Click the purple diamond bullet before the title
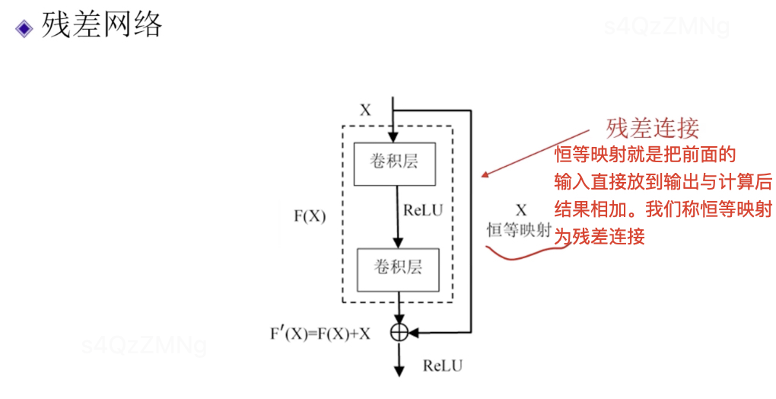pos(24,28)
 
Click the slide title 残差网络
pos(102,25)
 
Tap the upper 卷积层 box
pos(395,163)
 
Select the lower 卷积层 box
pos(397,267)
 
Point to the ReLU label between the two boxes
pos(422,209)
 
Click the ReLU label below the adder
pos(442,366)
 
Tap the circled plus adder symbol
pos(399,331)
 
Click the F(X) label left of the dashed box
pos(310,215)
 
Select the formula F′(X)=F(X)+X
pos(320,334)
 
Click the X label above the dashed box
pos(365,110)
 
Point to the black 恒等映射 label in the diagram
pos(519,230)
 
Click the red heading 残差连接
pos(652,127)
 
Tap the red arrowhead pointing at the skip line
pos(484,176)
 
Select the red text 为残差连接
pos(600,237)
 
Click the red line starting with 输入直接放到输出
pos(663,182)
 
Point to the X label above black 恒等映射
pos(521,209)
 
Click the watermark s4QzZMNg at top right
pos(666,27)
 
